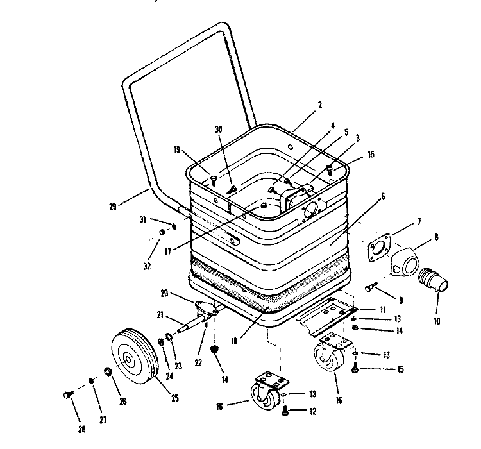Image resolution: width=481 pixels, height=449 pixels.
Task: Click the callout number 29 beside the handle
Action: pyautogui.click(x=113, y=207)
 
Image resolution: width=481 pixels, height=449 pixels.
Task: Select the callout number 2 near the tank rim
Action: pyautogui.click(x=320, y=105)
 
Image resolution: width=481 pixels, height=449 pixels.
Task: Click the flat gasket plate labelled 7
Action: pyautogui.click(x=378, y=248)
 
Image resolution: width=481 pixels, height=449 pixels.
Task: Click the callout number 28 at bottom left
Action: pyautogui.click(x=81, y=429)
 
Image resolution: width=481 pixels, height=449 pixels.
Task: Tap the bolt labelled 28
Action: pyautogui.click(x=69, y=394)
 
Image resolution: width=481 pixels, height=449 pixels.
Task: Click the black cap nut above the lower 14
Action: pyautogui.click(x=215, y=349)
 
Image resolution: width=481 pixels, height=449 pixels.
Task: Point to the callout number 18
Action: pyautogui.click(x=234, y=341)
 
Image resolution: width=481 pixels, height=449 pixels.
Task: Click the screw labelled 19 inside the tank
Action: pyautogui.click(x=214, y=180)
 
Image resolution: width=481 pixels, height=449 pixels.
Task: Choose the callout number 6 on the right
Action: pyautogui.click(x=383, y=197)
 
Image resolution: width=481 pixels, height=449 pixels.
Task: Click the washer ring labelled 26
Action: pyautogui.click(x=108, y=371)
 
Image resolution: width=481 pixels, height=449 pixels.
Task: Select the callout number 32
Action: pyautogui.click(x=148, y=266)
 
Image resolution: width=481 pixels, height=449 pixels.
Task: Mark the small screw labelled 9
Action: pyautogui.click(x=369, y=288)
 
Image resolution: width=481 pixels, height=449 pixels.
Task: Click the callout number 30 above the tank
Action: pyautogui.click(x=219, y=130)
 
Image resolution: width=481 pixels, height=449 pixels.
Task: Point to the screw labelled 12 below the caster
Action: pyautogui.click(x=285, y=411)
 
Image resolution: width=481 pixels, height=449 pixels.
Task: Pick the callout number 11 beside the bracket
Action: pyautogui.click(x=382, y=310)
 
